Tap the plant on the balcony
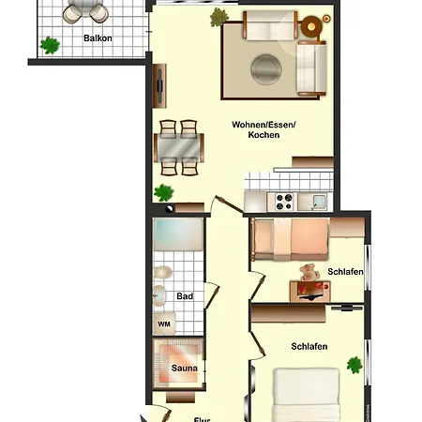pos(50,43)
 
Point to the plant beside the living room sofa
pos(219,17)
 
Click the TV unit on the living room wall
pos(160,85)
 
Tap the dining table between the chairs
pos(179,147)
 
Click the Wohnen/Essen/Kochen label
pos(263,129)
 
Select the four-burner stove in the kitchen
pos(283,199)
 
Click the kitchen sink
pos(319,199)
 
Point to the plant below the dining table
pos(165,193)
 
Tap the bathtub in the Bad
pos(178,234)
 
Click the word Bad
pos(185,296)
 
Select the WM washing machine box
pos(164,324)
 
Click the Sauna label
pos(183,369)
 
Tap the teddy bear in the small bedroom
pos(307,274)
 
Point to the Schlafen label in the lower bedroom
pos(309,347)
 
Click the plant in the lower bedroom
pos(354,364)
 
